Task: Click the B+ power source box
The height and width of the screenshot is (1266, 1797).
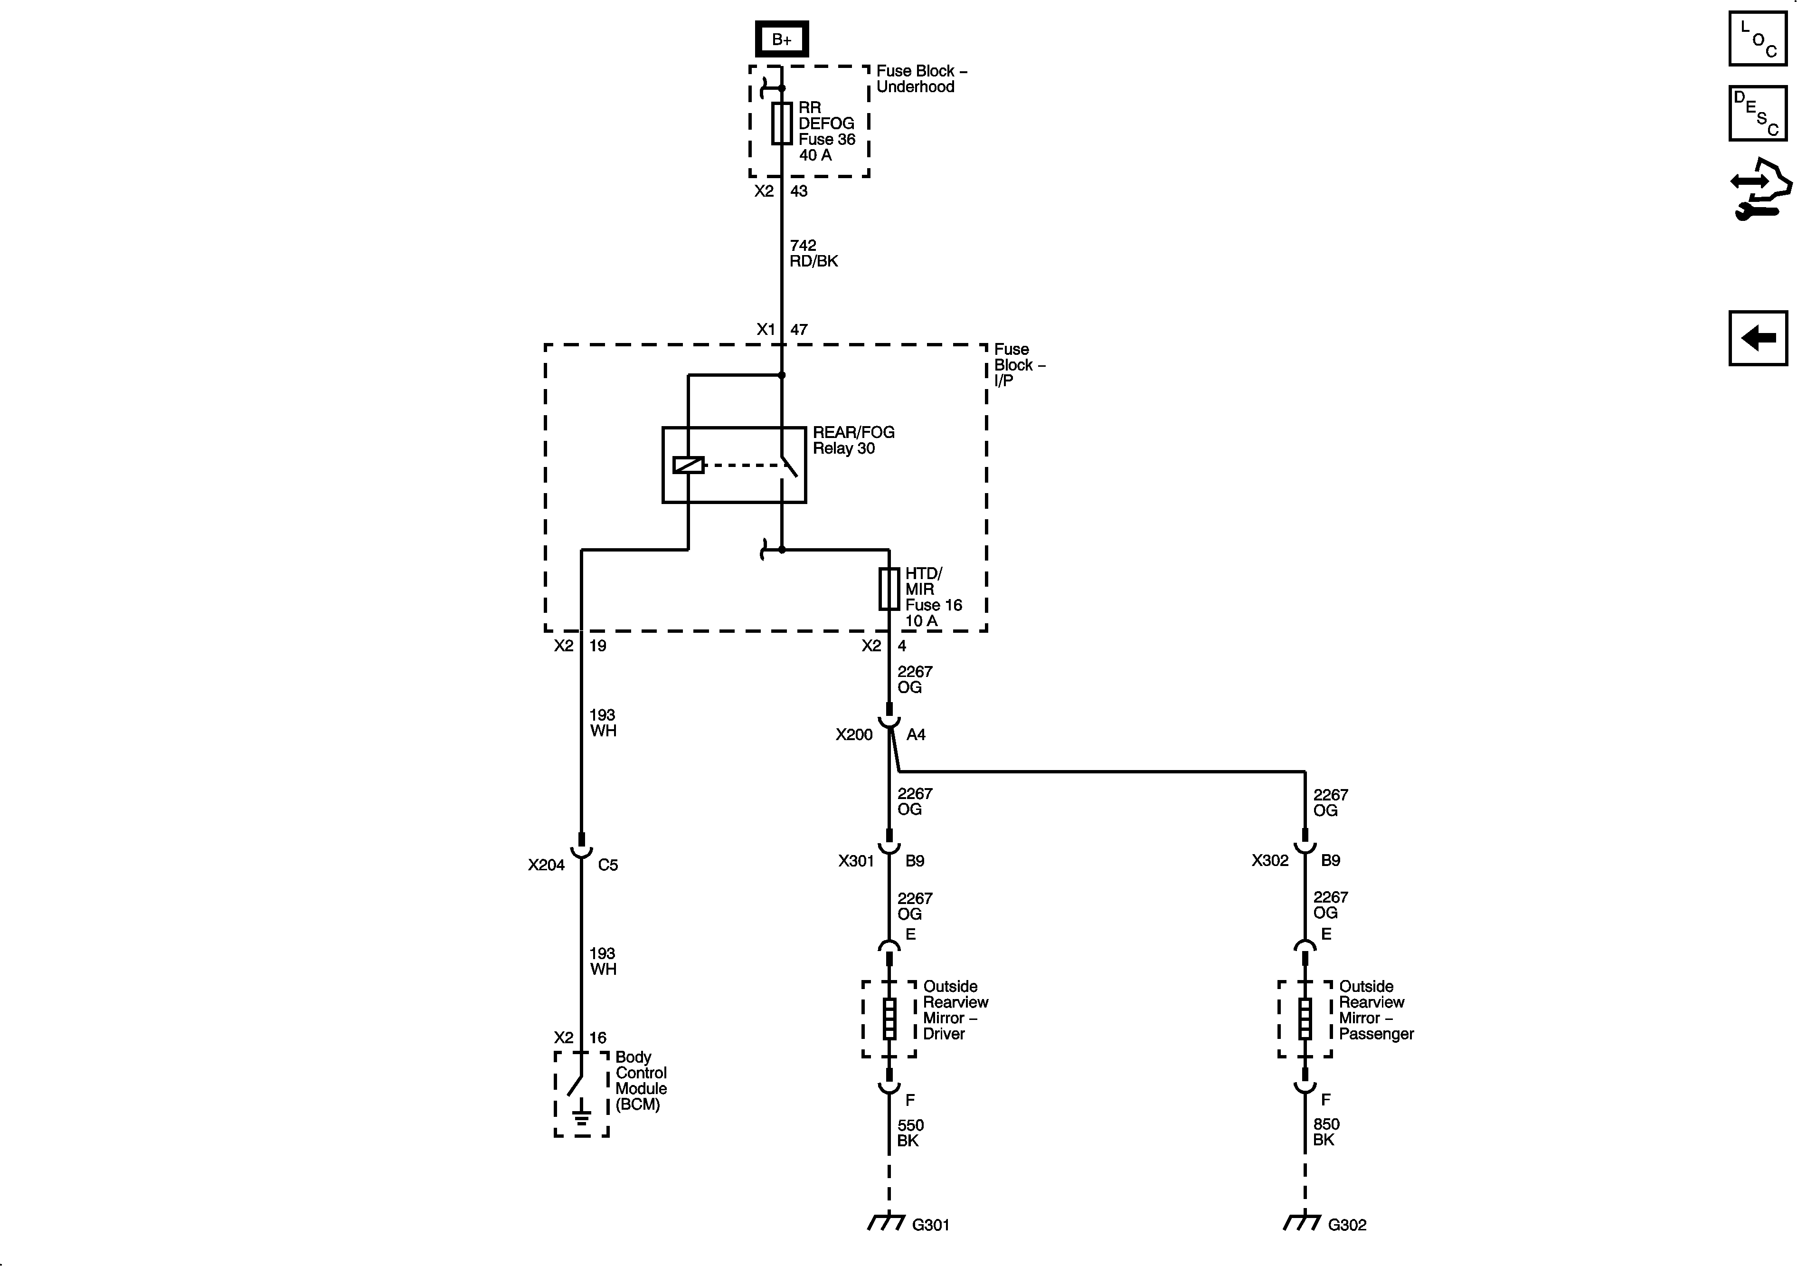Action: coord(781,39)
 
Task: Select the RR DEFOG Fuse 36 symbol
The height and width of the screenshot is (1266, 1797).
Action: coord(781,124)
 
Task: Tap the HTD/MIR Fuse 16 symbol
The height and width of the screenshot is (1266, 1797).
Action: coord(889,589)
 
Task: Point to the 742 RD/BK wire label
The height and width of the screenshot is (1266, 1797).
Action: coord(813,253)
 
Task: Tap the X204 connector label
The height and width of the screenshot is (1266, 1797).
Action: coord(546,865)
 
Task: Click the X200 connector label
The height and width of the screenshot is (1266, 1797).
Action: coord(853,734)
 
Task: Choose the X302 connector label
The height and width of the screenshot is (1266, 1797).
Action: coord(1269,860)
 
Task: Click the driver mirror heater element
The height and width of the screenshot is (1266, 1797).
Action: coord(889,1019)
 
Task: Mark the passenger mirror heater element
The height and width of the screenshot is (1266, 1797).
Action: coord(1305,1019)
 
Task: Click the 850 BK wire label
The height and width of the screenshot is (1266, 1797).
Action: coord(1326,1132)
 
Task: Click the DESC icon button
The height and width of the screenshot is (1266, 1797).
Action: coord(1757,113)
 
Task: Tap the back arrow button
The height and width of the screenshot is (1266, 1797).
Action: coord(1757,338)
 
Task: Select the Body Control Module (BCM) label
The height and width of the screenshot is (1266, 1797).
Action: coord(640,1080)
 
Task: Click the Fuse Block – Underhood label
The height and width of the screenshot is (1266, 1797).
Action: coord(920,79)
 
